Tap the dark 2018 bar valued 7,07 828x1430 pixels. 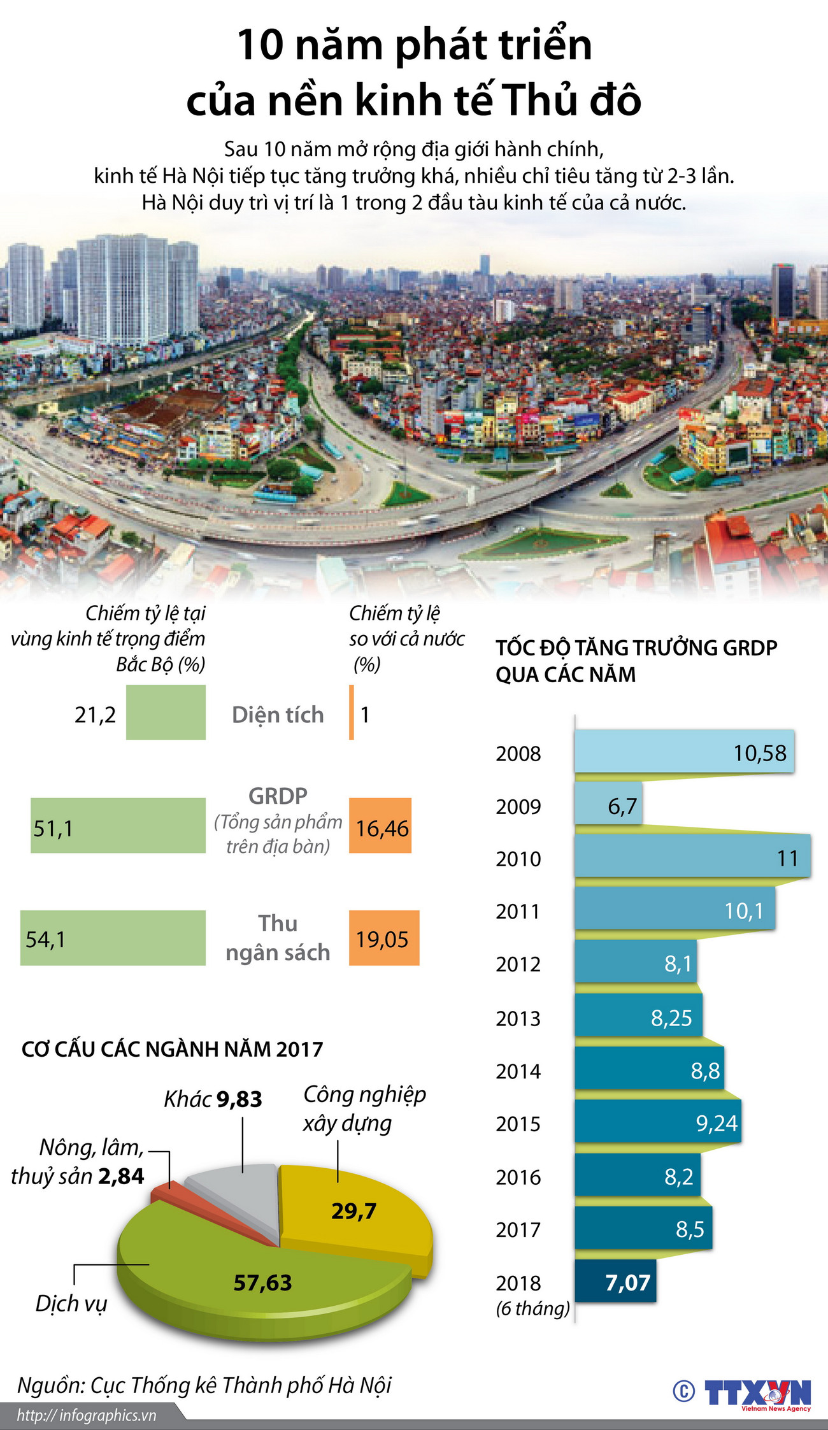(x=615, y=1282)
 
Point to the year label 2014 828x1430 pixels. (x=518, y=1071)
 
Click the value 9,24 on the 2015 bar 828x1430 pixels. (x=716, y=1123)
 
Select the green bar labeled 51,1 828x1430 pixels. (x=118, y=826)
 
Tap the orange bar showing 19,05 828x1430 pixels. (x=383, y=938)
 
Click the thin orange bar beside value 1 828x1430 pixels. (x=351, y=712)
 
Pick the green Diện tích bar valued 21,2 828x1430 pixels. (x=166, y=712)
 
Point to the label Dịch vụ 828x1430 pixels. (x=71, y=1303)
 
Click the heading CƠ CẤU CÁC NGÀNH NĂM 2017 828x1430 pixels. (x=172, y=1049)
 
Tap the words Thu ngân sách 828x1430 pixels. (x=278, y=938)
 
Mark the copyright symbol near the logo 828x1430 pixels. (x=683, y=1391)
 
